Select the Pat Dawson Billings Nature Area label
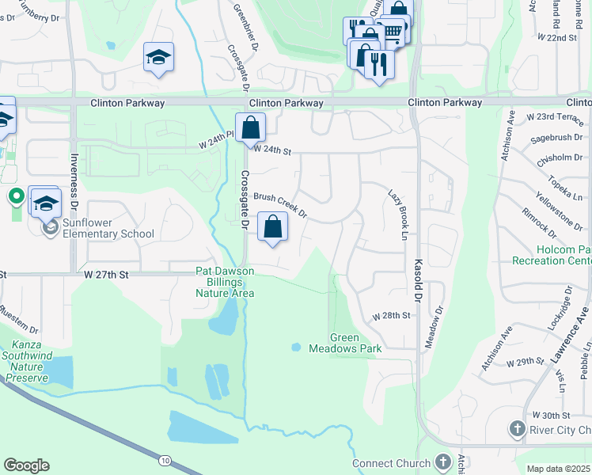click(225, 282)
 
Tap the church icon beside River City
click(517, 429)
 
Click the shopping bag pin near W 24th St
click(250, 127)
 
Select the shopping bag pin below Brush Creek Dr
click(272, 226)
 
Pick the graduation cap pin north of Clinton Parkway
click(158, 58)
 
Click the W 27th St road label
click(106, 274)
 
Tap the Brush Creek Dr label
click(279, 203)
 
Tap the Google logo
click(26, 465)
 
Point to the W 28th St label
click(392, 315)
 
